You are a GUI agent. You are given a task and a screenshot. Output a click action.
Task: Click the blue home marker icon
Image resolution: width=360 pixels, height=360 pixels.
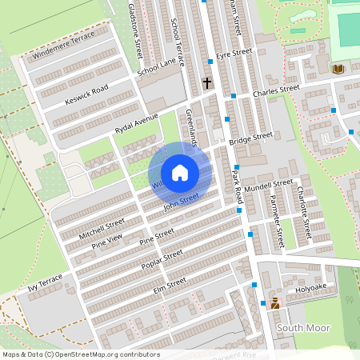tap(180, 172)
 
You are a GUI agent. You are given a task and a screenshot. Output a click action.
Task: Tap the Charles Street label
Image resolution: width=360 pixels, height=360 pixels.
tap(275, 90)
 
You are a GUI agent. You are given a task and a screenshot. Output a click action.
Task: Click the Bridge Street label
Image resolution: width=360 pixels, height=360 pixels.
tap(250, 138)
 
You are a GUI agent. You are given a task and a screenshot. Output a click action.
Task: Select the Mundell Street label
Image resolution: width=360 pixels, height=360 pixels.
tap(269, 186)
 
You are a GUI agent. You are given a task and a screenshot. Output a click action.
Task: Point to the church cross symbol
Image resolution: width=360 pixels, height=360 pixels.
tap(207, 82)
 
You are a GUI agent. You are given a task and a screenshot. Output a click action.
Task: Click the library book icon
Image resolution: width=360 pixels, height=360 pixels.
tap(338, 70)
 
